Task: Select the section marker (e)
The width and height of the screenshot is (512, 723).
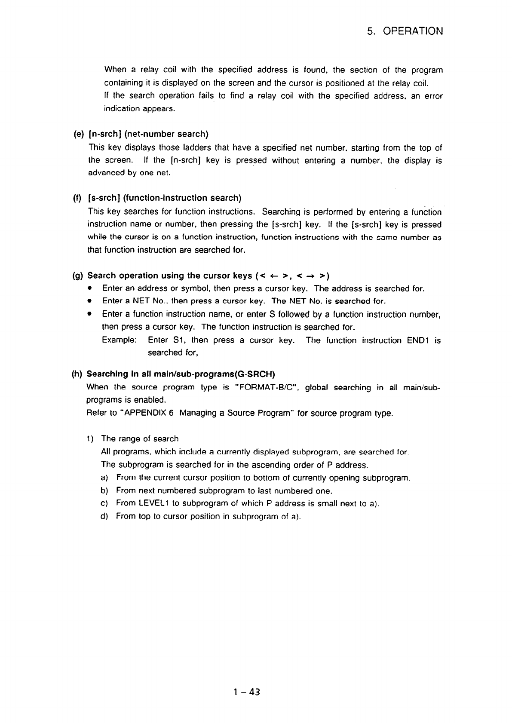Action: [79, 135]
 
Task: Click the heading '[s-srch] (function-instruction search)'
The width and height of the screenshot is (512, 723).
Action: [165, 198]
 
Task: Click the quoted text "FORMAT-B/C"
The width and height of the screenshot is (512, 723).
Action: [264, 388]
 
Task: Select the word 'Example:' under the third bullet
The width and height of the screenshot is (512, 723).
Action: [120, 340]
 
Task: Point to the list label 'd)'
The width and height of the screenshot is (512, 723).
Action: [104, 516]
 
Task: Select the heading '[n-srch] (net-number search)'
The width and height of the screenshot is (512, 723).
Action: [148, 135]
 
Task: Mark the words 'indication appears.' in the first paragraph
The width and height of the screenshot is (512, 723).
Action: [139, 109]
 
